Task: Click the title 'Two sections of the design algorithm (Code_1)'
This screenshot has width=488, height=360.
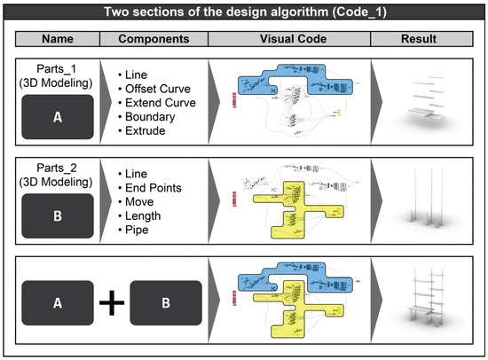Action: pos(244,13)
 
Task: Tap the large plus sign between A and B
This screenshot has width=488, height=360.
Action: pos(111,303)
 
